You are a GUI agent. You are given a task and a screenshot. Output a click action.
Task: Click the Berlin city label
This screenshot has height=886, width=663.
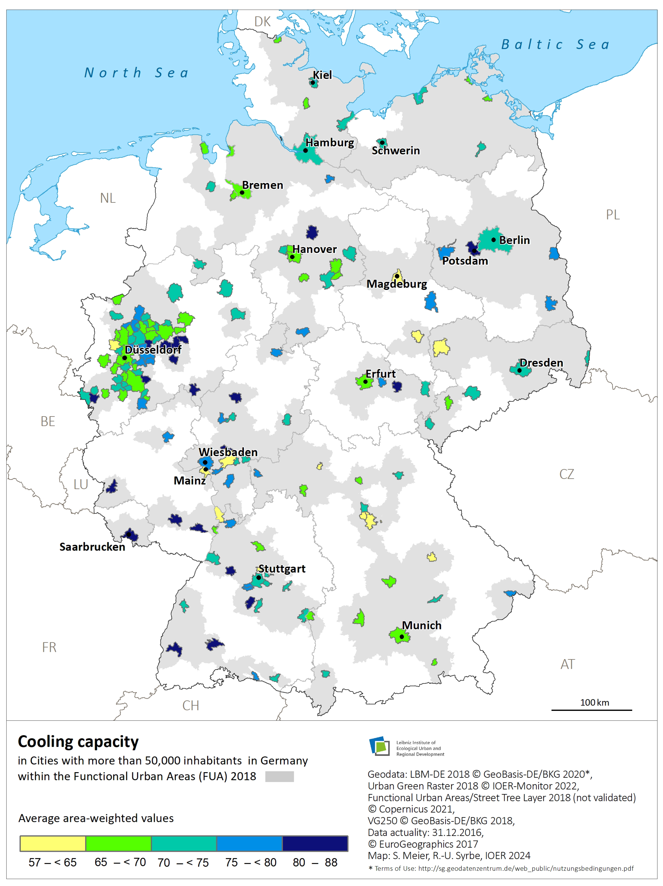pos(514,240)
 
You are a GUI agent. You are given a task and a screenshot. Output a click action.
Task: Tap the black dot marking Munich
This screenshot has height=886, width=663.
pos(402,636)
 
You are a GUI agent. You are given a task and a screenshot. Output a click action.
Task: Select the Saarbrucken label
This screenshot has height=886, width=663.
pos(92,547)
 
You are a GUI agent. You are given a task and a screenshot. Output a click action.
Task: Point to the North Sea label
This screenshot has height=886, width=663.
pos(136,73)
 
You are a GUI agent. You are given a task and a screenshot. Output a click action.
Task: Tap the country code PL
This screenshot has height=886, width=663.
pos(613,215)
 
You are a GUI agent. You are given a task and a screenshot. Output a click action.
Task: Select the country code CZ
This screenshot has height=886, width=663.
pos(566,474)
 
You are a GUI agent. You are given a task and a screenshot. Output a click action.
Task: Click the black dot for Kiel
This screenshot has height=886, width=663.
pos(313,83)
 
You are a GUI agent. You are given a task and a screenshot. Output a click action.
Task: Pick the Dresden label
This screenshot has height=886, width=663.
pos(541,363)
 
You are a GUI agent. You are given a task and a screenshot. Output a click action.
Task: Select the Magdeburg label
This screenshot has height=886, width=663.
pos(397,284)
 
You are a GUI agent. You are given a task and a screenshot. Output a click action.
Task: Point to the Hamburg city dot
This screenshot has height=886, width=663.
pos(305,151)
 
